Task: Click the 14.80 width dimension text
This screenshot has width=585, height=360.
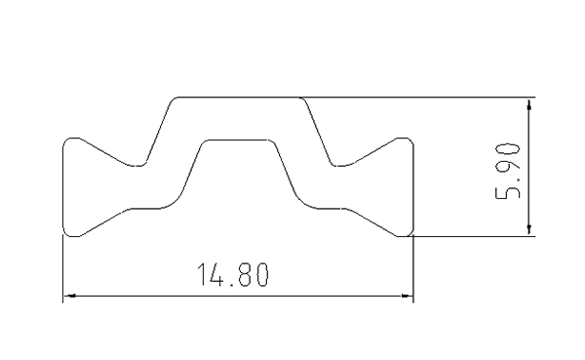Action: (232, 274)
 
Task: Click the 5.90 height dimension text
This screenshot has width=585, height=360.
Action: (507, 171)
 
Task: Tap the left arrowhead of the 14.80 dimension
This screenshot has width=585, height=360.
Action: (69, 296)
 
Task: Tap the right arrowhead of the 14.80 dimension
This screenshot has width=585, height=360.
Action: (407, 296)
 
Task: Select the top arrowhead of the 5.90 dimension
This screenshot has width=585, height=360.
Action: (529, 103)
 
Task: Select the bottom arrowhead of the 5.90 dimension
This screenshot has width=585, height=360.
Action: (529, 229)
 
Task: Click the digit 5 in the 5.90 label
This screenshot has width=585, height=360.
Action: (507, 193)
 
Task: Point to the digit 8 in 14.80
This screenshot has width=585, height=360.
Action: (245, 274)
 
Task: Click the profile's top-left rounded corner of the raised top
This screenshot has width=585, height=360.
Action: (172, 100)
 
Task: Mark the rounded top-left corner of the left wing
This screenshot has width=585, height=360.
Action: (66, 141)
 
